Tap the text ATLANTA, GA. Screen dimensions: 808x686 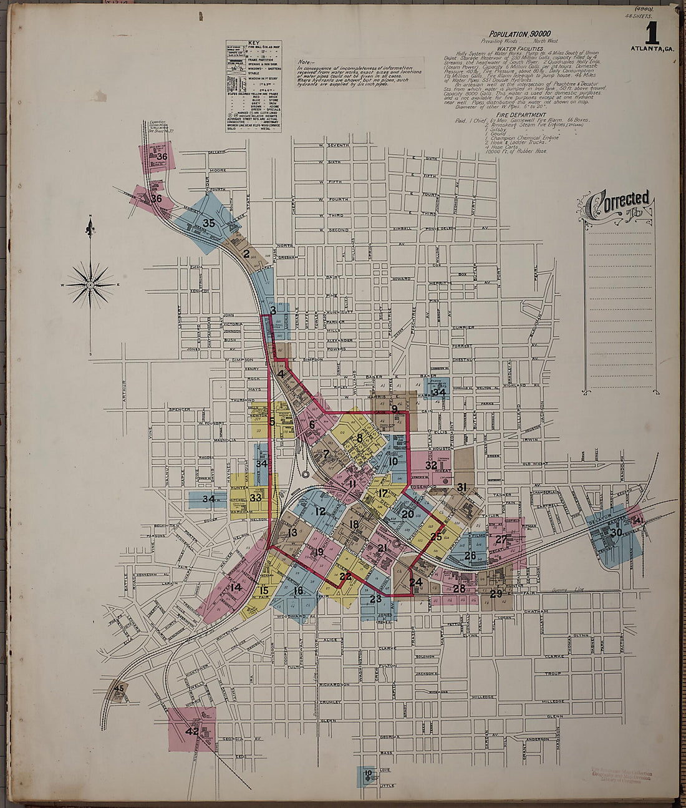652,49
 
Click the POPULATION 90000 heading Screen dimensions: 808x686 519,33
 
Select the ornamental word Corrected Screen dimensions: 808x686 618,202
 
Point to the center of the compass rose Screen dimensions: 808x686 91,285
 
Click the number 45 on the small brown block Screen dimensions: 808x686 120,688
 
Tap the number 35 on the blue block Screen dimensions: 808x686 208,223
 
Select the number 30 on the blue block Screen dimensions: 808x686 616,532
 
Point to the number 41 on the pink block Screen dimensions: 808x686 638,520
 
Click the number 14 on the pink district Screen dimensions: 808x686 235,587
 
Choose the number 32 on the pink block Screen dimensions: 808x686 431,465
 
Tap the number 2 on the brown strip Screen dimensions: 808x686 246,254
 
